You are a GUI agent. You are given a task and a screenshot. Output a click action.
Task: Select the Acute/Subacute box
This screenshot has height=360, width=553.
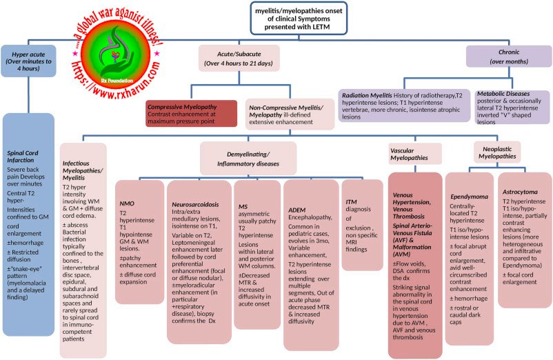pyautogui.click(x=239, y=58)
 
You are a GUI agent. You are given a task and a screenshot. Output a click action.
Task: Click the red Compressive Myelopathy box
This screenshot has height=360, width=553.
pyautogui.click(x=190, y=114)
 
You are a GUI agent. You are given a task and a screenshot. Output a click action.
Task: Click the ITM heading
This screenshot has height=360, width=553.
pyautogui.click(x=352, y=201)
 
